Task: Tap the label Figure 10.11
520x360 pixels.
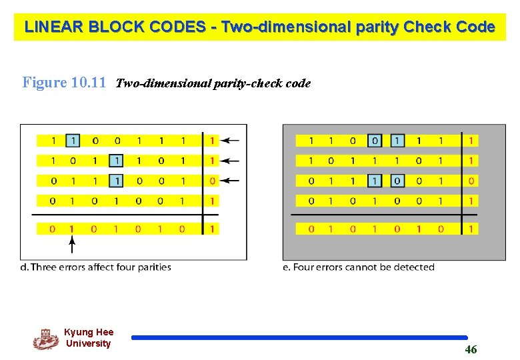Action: coord(64,83)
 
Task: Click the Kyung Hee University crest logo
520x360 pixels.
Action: coord(46,339)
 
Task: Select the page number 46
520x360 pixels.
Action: coord(471,349)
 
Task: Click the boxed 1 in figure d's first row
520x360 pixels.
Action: coord(73,141)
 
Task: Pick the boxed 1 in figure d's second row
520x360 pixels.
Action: coord(117,161)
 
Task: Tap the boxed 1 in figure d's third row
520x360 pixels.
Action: coord(117,181)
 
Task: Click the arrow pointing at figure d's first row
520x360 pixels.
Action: coord(230,141)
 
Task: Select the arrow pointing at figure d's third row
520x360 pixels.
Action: coord(230,181)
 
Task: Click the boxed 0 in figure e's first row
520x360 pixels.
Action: coord(375,141)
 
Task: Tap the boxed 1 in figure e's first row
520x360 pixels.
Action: coord(397,141)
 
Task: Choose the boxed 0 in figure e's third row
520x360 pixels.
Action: coord(397,181)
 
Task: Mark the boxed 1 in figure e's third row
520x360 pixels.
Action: coord(375,181)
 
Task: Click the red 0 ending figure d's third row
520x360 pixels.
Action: coord(211,181)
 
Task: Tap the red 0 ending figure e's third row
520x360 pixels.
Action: coord(471,181)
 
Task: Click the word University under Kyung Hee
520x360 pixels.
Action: coord(88,344)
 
